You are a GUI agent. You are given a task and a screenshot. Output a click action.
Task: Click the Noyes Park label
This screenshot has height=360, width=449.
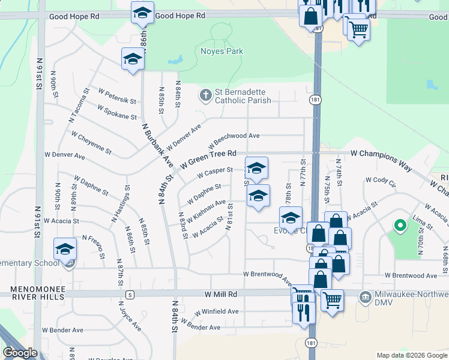[x=222, y=52]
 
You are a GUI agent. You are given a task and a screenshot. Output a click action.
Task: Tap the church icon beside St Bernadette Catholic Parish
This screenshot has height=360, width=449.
[x=206, y=95]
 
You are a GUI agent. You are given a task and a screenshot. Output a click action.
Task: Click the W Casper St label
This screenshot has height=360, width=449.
[x=214, y=174]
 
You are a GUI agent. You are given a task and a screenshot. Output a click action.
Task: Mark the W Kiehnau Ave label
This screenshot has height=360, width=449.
[x=206, y=209]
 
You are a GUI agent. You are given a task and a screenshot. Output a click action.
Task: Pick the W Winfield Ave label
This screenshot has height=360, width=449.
[x=217, y=312]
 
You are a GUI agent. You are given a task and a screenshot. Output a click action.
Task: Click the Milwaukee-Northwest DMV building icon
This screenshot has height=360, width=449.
[x=364, y=297]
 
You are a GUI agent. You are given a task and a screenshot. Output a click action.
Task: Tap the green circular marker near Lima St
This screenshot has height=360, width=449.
[x=399, y=226]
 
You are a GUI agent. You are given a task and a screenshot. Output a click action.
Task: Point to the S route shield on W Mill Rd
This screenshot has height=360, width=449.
[x=129, y=295]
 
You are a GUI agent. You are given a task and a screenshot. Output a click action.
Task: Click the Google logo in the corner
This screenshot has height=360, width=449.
[x=20, y=353]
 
